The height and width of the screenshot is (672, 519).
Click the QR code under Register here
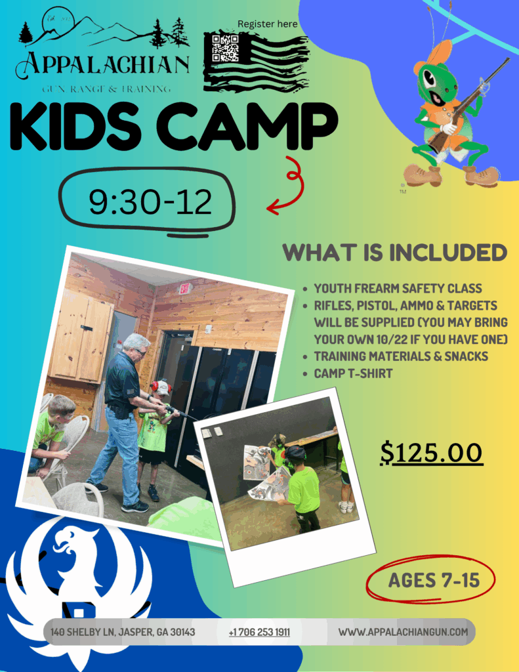click(225, 48)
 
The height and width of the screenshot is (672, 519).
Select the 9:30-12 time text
click(150, 202)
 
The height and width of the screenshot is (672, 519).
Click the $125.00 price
click(432, 453)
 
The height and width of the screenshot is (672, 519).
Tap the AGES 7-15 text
click(434, 580)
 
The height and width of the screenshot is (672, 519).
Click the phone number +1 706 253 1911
click(259, 632)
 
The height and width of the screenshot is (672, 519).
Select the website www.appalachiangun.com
click(403, 632)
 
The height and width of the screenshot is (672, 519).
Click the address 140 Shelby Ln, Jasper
click(123, 632)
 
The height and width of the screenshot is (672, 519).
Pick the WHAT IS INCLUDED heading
click(395, 253)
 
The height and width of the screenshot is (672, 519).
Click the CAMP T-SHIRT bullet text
click(353, 373)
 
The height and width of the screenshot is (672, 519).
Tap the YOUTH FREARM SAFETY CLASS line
click(398, 289)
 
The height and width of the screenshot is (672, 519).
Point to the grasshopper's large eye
click(430, 77)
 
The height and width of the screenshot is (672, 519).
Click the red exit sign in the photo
click(184, 289)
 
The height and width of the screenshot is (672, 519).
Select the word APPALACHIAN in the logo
click(103, 64)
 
